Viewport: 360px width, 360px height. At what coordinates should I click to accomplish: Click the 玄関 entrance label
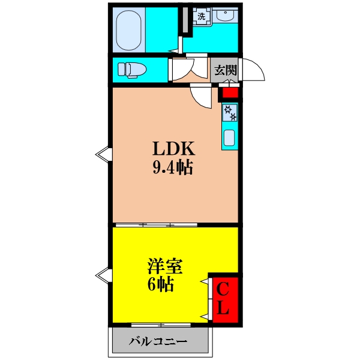(225, 70)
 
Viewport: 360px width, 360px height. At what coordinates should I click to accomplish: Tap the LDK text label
(170, 148)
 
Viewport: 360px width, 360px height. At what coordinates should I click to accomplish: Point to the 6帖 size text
(160, 284)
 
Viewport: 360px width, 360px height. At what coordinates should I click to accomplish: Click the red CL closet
(223, 299)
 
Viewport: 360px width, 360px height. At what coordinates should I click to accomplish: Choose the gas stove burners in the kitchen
(230, 112)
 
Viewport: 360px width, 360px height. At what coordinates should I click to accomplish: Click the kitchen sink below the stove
(230, 138)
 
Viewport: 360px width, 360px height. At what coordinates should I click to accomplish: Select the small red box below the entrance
(229, 92)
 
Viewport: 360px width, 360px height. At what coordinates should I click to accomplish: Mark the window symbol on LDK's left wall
(103, 154)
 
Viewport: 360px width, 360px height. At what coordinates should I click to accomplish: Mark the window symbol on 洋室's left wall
(103, 275)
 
